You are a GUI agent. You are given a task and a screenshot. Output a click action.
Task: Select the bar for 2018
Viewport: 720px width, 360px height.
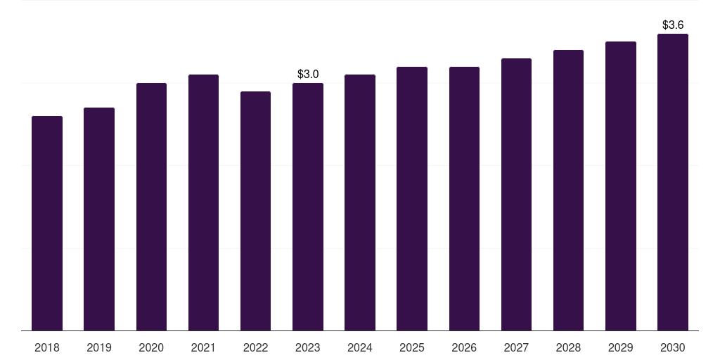pos(47,223)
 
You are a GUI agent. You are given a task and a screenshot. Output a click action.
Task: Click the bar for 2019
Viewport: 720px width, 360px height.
pos(99,219)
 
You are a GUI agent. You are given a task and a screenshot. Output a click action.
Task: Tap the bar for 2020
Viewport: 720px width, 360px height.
pos(152,207)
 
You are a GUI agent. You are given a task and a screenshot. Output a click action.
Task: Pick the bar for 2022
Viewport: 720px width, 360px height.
pos(255,211)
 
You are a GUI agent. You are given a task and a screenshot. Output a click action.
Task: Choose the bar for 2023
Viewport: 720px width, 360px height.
pos(308,207)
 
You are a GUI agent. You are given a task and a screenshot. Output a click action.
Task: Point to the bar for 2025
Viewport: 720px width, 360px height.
pos(412,199)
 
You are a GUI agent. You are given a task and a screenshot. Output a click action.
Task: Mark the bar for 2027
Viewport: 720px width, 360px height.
pos(516,195)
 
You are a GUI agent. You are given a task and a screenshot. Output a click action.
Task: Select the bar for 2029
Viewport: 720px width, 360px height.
pos(621,186)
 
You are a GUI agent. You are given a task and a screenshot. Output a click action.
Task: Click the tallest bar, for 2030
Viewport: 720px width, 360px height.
pos(673,182)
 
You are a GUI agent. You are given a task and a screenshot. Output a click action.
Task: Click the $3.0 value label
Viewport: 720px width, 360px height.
pos(308,74)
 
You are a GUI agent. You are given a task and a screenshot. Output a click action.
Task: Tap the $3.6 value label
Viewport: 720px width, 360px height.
pos(673,25)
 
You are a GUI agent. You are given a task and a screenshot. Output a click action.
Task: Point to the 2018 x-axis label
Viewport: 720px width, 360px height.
pos(47,347)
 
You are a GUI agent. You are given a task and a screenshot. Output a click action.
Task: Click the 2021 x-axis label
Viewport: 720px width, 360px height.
pos(203,347)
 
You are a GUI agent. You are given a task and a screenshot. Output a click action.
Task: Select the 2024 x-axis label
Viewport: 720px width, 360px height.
pos(360,347)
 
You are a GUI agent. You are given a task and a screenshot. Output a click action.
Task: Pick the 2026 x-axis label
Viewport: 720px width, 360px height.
pos(464,347)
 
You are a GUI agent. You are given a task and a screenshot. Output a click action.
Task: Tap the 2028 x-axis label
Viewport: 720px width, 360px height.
pos(568,347)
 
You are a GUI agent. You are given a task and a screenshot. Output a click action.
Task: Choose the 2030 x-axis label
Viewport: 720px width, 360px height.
pos(673,347)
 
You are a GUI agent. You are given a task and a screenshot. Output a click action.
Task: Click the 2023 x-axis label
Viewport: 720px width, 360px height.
pos(308,347)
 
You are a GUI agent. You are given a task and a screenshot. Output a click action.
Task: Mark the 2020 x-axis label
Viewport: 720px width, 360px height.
pos(151,347)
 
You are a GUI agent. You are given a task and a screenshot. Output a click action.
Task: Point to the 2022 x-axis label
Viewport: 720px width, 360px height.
pos(255,347)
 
